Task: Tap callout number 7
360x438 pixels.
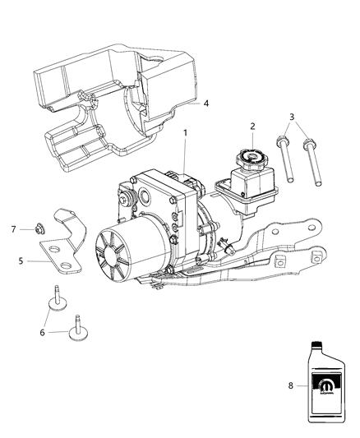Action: [x=14, y=228]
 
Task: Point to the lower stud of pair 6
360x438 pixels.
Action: [x=80, y=328]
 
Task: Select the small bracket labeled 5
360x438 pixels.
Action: [x=66, y=251]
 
